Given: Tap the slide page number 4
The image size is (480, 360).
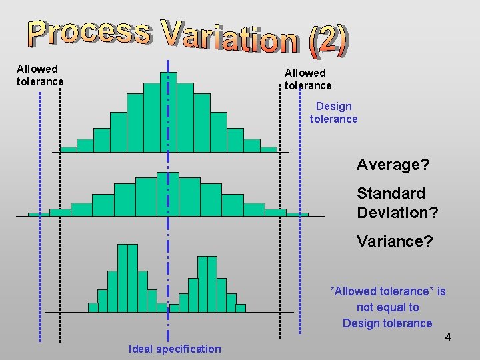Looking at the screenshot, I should coord(448,337).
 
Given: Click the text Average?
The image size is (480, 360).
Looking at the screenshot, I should coord(393,164).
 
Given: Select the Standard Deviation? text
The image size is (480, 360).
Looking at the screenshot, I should coord(397,203).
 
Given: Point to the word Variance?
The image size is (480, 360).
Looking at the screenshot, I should coord(395,241).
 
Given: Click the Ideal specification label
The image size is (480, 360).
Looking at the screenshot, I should coord(175,349).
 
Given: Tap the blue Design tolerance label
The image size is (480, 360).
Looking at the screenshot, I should coord(333,113).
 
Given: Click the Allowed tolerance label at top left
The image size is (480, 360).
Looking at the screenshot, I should coord(40,75).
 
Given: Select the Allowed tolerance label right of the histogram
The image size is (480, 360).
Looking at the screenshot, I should coord(307,79).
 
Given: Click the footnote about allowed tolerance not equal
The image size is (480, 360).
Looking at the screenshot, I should coord(387,307).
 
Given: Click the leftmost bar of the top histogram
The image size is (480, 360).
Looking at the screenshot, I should coord(69,149).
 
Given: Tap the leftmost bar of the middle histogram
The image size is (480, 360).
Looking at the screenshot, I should coord(38,214).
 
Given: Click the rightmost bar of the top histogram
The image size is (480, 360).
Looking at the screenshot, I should coord(268,149).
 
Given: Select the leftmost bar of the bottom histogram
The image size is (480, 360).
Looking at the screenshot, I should coord(93,307).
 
